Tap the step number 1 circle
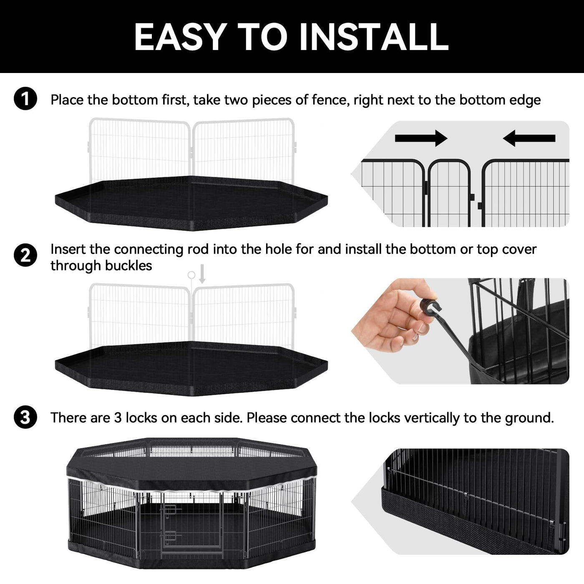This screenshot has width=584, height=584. [25, 98]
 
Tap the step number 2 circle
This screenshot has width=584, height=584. [25, 255]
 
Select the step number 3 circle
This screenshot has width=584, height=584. [25, 417]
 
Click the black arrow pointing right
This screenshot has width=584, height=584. [421, 138]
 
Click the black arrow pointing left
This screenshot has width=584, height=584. [529, 138]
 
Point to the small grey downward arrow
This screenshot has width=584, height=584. [202, 274]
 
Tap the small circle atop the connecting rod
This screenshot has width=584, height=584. [191, 275]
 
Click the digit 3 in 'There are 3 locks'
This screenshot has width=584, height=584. [118, 418]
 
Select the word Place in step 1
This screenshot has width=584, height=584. [67, 100]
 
